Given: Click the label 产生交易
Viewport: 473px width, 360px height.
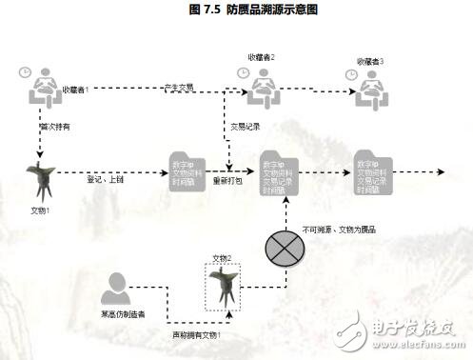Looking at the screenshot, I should (178, 88).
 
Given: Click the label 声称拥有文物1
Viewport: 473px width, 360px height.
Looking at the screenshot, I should (196, 334).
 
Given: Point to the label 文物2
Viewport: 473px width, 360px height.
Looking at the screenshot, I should (222, 258).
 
